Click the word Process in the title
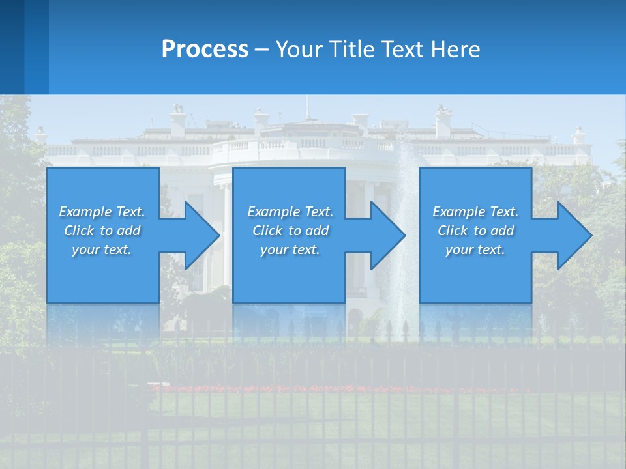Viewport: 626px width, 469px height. pyautogui.click(x=205, y=49)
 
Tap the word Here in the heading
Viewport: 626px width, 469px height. pyautogui.click(x=456, y=49)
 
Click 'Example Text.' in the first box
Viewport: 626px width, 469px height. pyautogui.click(x=102, y=212)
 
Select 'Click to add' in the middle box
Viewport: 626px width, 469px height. pyautogui.click(x=290, y=231)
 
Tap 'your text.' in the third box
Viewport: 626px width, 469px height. pyautogui.click(x=475, y=249)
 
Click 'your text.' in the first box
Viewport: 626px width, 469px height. pyautogui.click(x=102, y=249)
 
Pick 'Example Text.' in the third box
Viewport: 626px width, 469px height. pyautogui.click(x=475, y=212)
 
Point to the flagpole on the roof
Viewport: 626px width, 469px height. pyautogui.click(x=306, y=107)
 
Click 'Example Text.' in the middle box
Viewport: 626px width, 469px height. pyautogui.click(x=290, y=212)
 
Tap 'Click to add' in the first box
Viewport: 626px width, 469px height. pyautogui.click(x=102, y=231)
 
